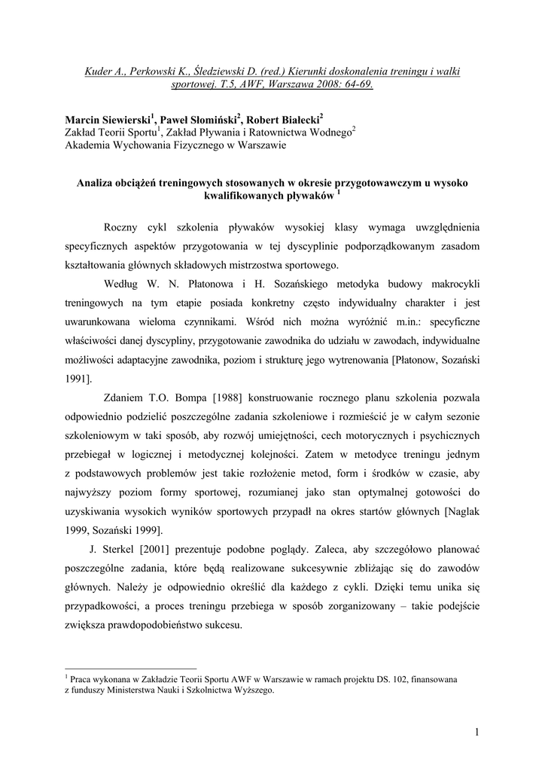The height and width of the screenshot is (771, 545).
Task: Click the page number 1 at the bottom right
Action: pos(476,732)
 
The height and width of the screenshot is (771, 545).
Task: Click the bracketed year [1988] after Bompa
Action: pos(208,397)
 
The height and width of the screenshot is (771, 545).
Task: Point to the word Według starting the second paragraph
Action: pos(122,283)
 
